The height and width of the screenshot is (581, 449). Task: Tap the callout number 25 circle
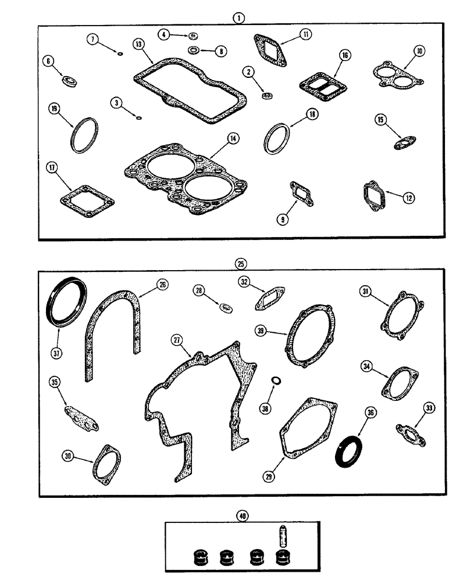pos(240,264)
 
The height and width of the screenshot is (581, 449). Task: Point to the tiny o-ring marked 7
pos(119,55)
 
